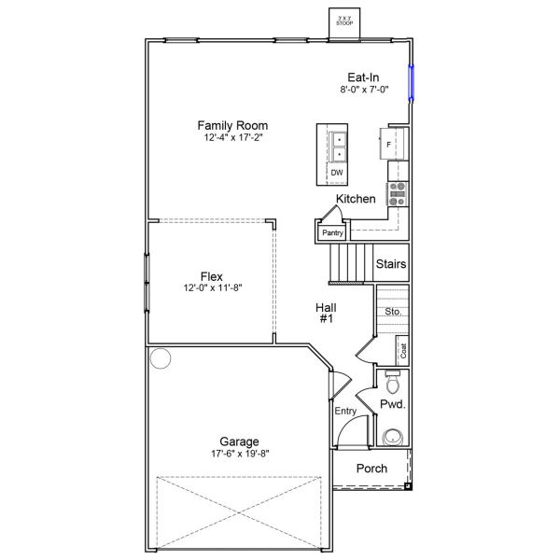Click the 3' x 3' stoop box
(344, 21)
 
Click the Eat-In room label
(363, 77)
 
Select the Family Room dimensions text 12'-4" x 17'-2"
(232, 137)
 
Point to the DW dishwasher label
(337, 173)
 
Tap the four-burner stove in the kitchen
(397, 193)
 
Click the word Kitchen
(356, 199)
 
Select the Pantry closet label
(332, 232)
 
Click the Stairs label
(390, 264)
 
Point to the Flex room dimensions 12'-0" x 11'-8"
(213, 288)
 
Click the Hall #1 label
(326, 313)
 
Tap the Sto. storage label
(393, 312)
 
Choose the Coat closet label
(403, 351)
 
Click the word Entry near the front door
(345, 411)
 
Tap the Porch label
(371, 469)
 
